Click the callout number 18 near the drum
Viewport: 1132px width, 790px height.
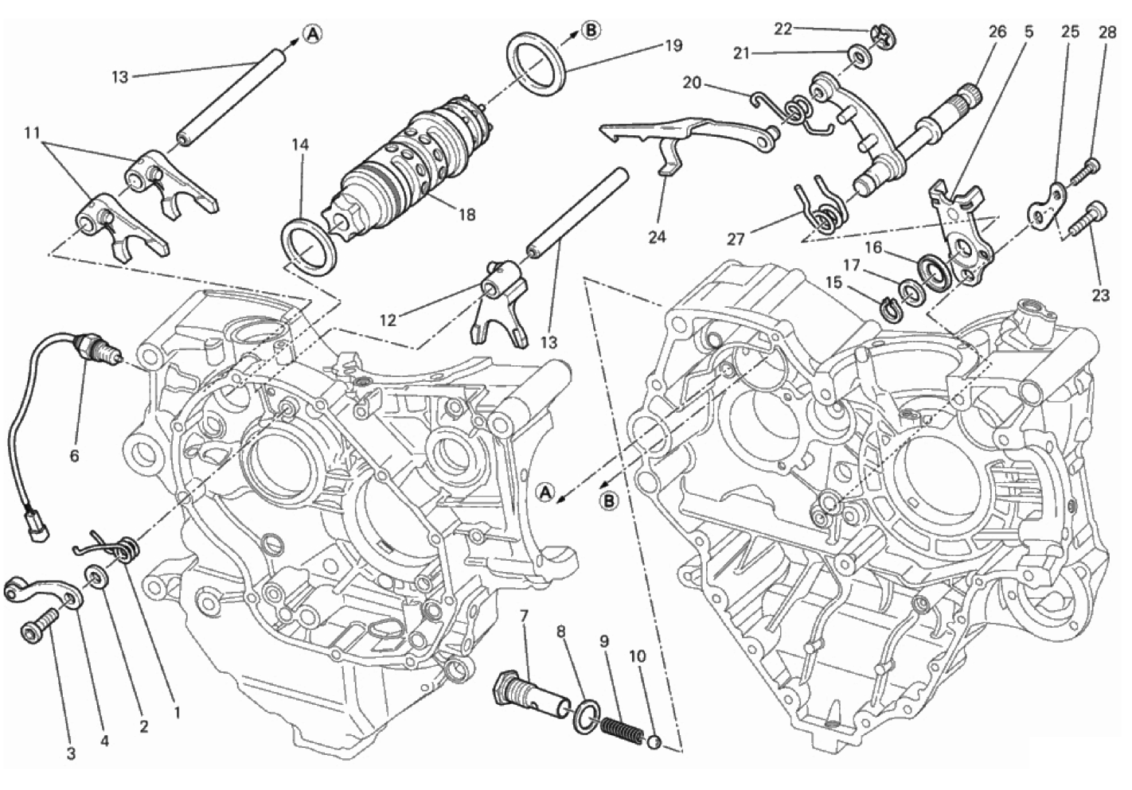467,215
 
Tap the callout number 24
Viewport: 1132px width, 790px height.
658,236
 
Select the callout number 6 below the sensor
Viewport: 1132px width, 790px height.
74,456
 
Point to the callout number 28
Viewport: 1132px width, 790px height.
1107,32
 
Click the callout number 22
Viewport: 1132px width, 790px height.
783,29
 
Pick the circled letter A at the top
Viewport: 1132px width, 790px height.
314,33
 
